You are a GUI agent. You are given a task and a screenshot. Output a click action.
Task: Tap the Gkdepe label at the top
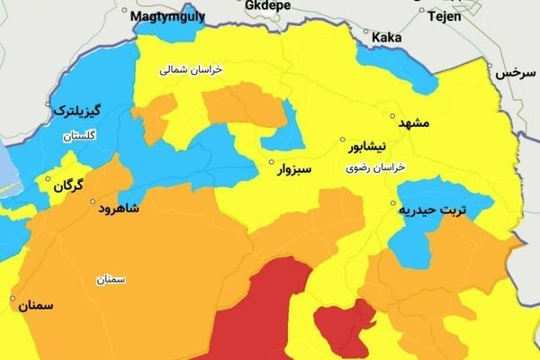click(269, 4)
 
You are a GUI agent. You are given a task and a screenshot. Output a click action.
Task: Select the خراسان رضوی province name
click(375, 168)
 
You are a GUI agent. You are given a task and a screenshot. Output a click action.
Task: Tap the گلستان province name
click(79, 137)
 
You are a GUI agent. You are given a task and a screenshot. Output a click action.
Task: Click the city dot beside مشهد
click(392, 116)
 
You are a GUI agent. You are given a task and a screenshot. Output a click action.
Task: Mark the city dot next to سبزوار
click(271, 163)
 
